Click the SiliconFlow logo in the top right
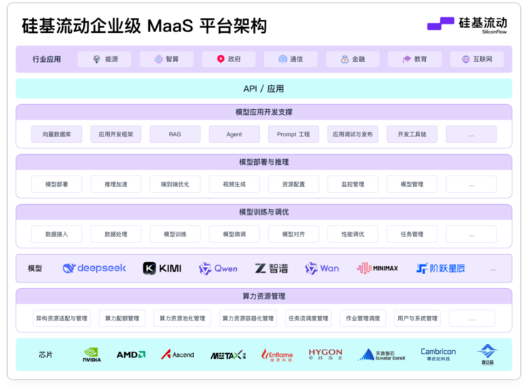point(467,26)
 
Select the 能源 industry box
point(105,59)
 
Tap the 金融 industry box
point(352,59)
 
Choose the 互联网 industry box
point(477,59)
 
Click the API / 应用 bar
point(263,88)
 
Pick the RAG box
point(175,134)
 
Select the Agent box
point(234,134)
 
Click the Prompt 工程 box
point(293,134)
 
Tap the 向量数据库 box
point(56,134)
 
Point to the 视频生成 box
point(234,184)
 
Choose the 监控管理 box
point(352,184)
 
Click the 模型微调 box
point(234,234)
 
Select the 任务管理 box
point(412,234)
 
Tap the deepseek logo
point(94,268)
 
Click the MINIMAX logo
point(387,268)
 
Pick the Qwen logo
point(218,268)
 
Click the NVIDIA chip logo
point(92,354)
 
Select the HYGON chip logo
point(325,354)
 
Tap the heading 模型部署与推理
point(263,162)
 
